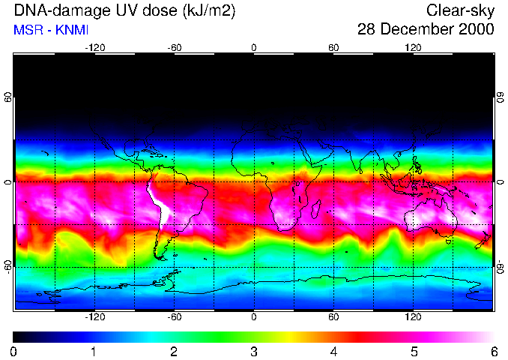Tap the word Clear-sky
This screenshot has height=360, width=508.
click(x=461, y=10)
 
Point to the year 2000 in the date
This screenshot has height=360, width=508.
click(x=477, y=29)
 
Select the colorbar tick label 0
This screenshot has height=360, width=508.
click(x=14, y=351)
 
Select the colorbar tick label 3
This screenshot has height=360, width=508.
click(x=254, y=351)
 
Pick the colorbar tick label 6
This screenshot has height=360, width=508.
click(x=494, y=351)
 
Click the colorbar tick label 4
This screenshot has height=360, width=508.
click(x=334, y=351)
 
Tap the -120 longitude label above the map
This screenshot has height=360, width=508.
click(x=94, y=47)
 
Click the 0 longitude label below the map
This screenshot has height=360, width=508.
click(x=254, y=317)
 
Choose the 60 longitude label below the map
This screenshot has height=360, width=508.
click(x=334, y=317)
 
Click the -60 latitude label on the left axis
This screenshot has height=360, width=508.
click(x=8, y=266)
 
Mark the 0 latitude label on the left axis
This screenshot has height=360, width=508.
click(x=8, y=182)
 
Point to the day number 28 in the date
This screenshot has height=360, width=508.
click(x=368, y=29)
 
